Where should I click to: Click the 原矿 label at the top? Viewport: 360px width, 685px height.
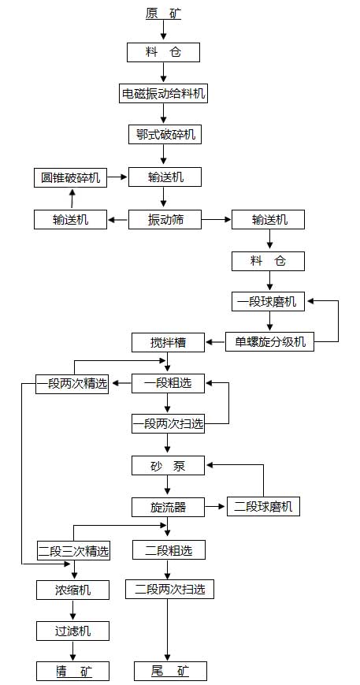point(163,13)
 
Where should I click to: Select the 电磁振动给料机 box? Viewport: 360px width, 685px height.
point(163,93)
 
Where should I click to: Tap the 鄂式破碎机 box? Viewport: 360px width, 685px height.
point(165,134)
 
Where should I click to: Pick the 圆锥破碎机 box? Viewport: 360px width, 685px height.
point(71,178)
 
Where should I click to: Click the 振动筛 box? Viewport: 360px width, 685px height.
point(165,219)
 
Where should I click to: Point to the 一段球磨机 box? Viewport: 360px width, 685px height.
point(268,302)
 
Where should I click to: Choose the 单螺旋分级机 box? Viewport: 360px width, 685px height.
point(269,342)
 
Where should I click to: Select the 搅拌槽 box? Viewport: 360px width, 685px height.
point(168,342)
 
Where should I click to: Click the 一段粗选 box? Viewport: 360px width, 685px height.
point(168,384)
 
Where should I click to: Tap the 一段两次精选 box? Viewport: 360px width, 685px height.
point(72,384)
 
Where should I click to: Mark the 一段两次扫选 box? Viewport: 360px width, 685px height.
point(168,424)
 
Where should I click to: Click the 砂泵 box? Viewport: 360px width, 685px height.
point(168,465)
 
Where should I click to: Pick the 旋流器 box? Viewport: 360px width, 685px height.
point(168,507)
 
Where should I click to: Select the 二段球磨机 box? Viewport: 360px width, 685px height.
point(264,507)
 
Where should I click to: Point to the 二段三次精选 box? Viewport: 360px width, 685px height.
point(73,551)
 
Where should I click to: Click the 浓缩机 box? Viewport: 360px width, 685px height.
point(73,590)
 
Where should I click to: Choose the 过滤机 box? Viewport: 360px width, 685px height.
point(73,631)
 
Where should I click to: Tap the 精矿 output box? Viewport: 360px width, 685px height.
point(73,671)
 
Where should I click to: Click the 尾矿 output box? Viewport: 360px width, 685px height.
point(170,671)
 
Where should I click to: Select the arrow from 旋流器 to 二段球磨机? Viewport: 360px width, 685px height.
point(216,507)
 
